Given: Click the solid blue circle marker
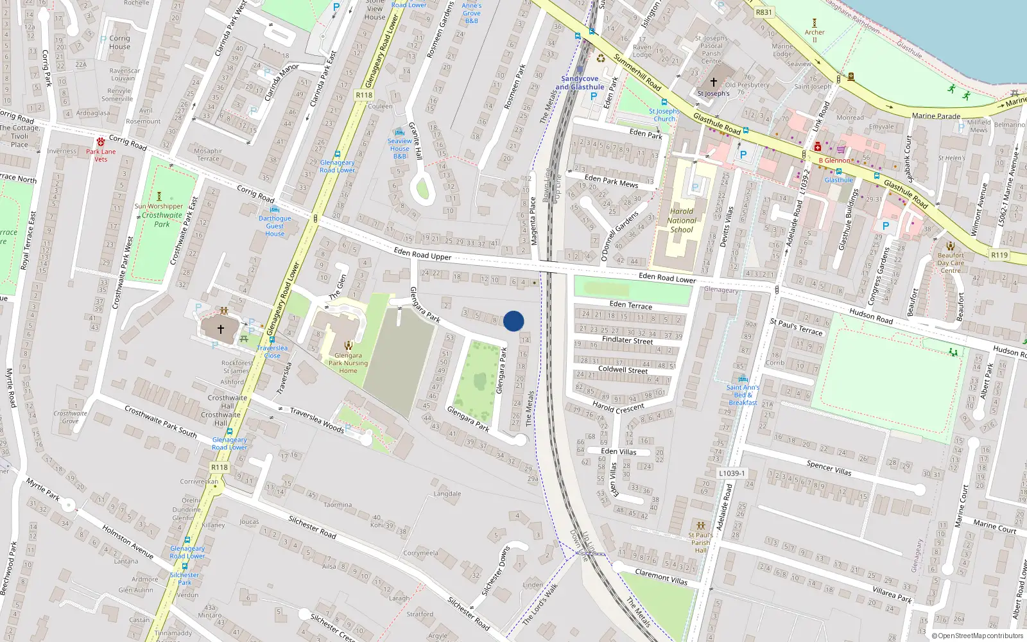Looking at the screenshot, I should pyautogui.click(x=513, y=321).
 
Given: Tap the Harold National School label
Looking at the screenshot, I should pyautogui.click(x=681, y=220).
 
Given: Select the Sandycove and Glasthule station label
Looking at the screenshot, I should pyautogui.click(x=580, y=83).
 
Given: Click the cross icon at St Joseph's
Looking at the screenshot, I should pyautogui.click(x=713, y=82).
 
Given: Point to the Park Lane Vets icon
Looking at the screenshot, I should pyautogui.click(x=101, y=142).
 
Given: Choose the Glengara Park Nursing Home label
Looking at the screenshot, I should pyautogui.click(x=348, y=363).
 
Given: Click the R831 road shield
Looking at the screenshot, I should pyautogui.click(x=764, y=12).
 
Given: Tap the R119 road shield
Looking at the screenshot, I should pyautogui.click(x=999, y=255).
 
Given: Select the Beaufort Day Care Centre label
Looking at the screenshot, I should pyautogui.click(x=950, y=263).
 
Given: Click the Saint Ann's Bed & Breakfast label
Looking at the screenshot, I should pyautogui.click(x=743, y=395).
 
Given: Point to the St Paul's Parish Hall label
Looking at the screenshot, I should pyautogui.click(x=700, y=542).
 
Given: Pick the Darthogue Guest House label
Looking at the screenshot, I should pyautogui.click(x=275, y=226).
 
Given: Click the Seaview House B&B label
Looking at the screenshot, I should pyautogui.click(x=399, y=148).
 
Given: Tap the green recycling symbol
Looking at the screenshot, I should pyautogui.click(x=601, y=58).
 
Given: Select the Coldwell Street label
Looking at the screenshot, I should pyautogui.click(x=623, y=370).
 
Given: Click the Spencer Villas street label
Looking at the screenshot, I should pyautogui.click(x=829, y=467).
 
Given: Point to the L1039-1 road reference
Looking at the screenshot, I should pyautogui.click(x=732, y=473).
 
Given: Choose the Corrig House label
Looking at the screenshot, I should pyautogui.click(x=119, y=42).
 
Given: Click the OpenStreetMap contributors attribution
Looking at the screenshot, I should pyautogui.click(x=978, y=636).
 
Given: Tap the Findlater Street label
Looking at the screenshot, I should pyautogui.click(x=627, y=340).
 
